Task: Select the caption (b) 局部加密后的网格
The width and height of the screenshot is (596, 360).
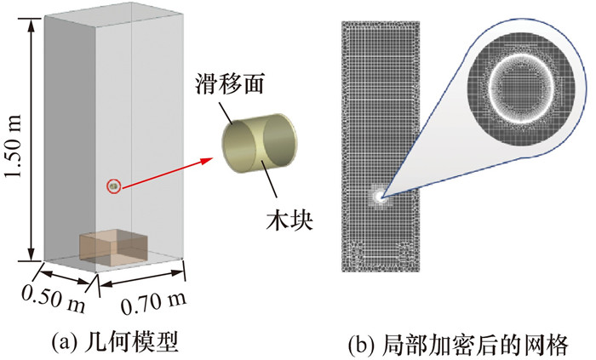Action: coord(460,342)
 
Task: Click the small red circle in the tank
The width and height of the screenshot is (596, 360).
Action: coord(112,186)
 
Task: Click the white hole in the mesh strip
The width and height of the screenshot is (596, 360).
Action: coord(376,196)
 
